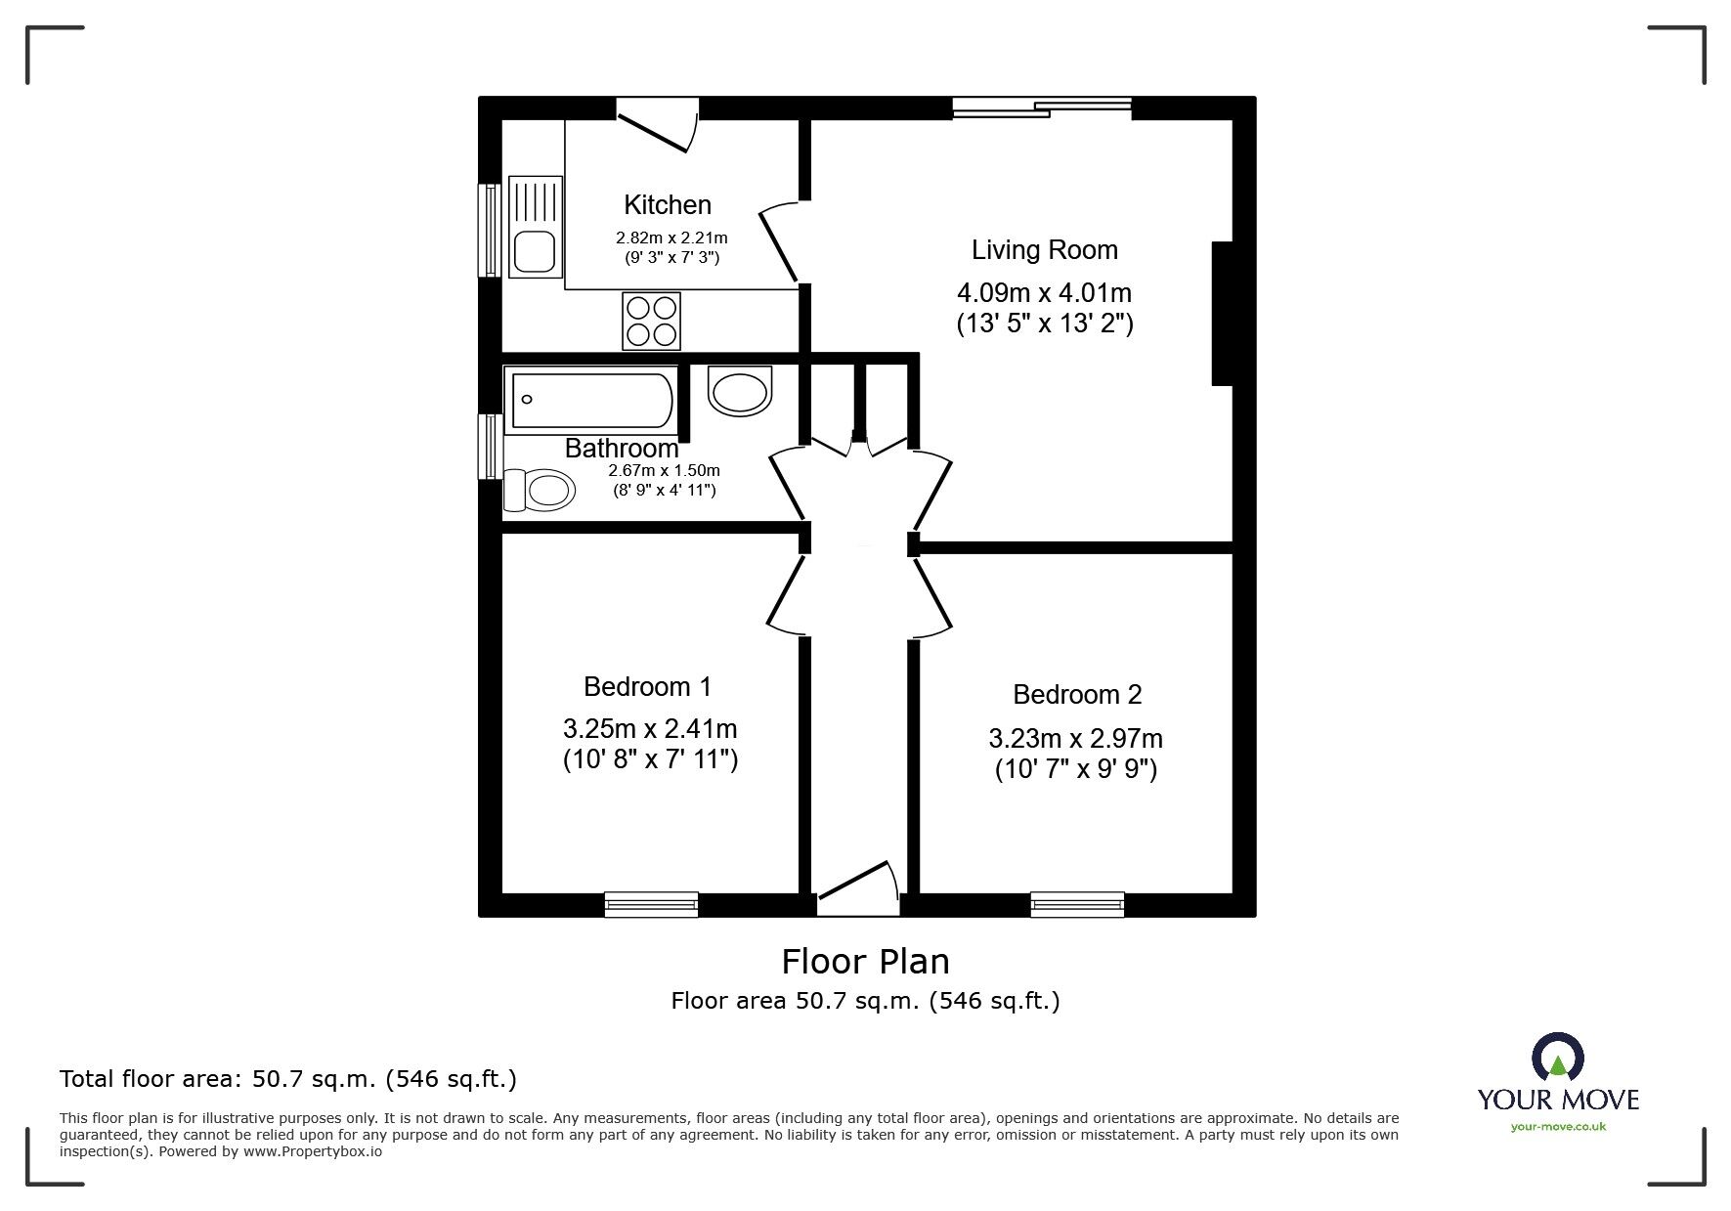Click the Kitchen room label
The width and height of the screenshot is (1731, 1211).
(668, 205)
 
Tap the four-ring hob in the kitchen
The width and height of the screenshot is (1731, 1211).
(652, 321)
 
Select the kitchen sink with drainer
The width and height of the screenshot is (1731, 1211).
(536, 226)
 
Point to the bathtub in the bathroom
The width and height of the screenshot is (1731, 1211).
(589, 400)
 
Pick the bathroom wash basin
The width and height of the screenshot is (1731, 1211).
(740, 390)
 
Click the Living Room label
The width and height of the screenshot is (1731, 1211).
(1044, 250)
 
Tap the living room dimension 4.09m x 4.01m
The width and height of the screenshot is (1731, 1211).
(1044, 292)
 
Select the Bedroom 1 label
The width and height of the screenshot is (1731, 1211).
(647, 687)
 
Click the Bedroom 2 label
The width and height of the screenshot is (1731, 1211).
(1077, 695)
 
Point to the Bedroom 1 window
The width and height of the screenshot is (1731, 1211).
(651, 904)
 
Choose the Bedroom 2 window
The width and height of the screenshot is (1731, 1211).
(1077, 904)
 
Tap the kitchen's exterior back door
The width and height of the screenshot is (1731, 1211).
(657, 124)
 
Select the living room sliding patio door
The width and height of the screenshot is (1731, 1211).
(1042, 108)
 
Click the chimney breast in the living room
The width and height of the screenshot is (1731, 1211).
(1222, 314)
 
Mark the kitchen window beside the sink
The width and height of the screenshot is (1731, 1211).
(489, 230)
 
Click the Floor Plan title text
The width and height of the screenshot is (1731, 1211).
(865, 962)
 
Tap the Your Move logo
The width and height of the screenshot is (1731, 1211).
(1558, 1083)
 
